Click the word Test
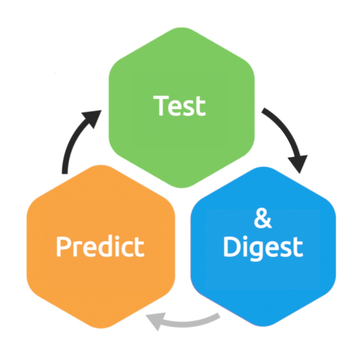(x=179, y=106)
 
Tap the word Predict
(x=100, y=247)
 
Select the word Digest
(x=263, y=247)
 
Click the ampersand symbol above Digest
(x=263, y=219)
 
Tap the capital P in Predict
(x=63, y=247)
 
